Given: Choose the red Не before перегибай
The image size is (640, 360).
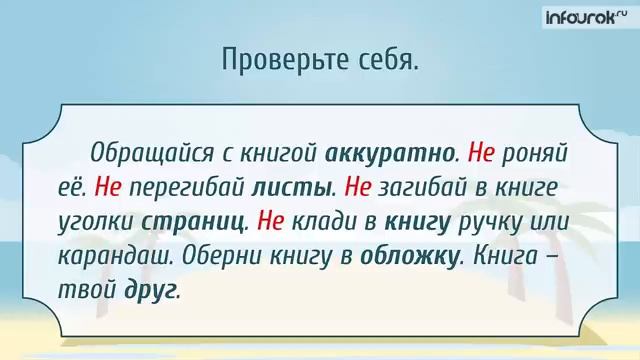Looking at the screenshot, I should (111, 187).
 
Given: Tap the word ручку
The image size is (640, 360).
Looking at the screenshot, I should (490, 221).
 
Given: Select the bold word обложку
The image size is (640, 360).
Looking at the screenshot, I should (411, 254).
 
